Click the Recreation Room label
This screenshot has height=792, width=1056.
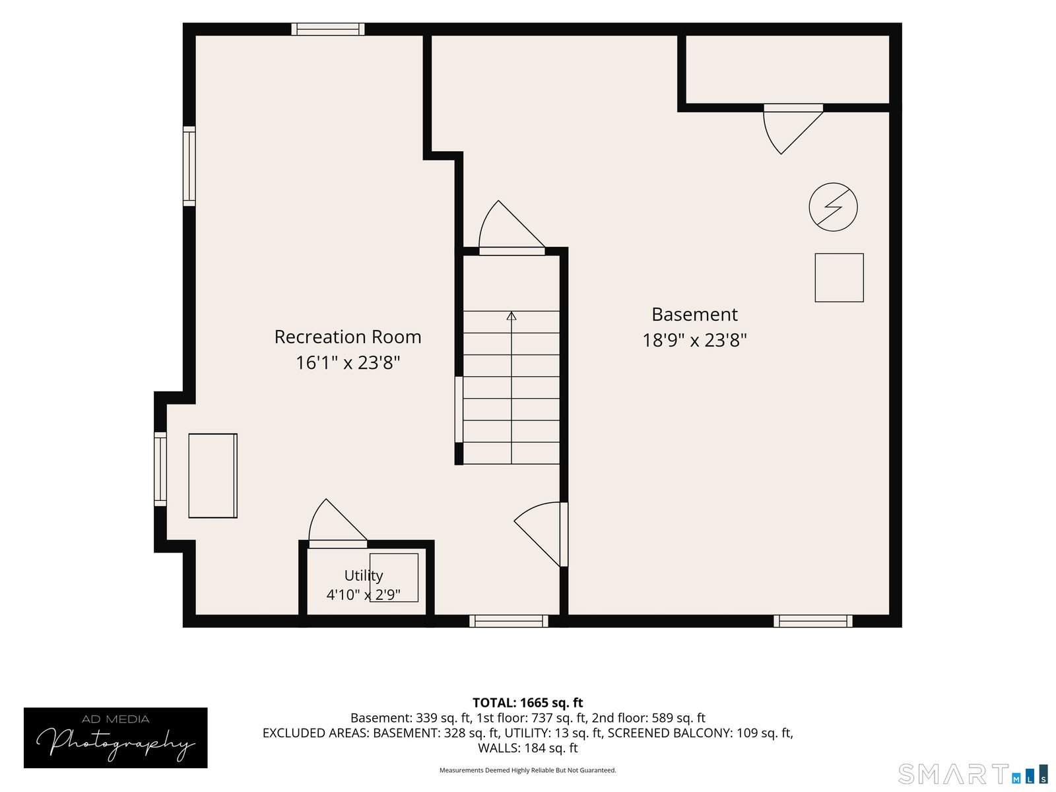(347, 337)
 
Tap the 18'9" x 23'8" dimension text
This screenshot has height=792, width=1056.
(694, 340)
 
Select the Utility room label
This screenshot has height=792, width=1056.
(363, 575)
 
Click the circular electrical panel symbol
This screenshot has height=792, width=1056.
(833, 207)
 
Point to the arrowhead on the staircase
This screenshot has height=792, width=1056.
(511, 316)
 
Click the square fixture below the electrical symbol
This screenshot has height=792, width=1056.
(839, 277)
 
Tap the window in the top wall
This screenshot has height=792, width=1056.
(327, 29)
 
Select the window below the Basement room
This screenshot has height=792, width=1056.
(812, 621)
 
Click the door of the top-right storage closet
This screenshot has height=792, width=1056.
(793, 129)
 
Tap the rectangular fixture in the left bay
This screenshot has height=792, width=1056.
(213, 476)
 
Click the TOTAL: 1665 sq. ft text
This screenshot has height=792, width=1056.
(528, 702)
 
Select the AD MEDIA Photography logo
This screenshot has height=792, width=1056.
(115, 738)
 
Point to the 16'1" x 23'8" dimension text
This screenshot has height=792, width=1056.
(347, 362)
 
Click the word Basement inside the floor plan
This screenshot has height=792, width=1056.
(694, 315)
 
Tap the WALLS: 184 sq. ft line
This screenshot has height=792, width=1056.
(528, 748)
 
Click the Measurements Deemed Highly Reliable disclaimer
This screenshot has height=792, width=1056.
(528, 770)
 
